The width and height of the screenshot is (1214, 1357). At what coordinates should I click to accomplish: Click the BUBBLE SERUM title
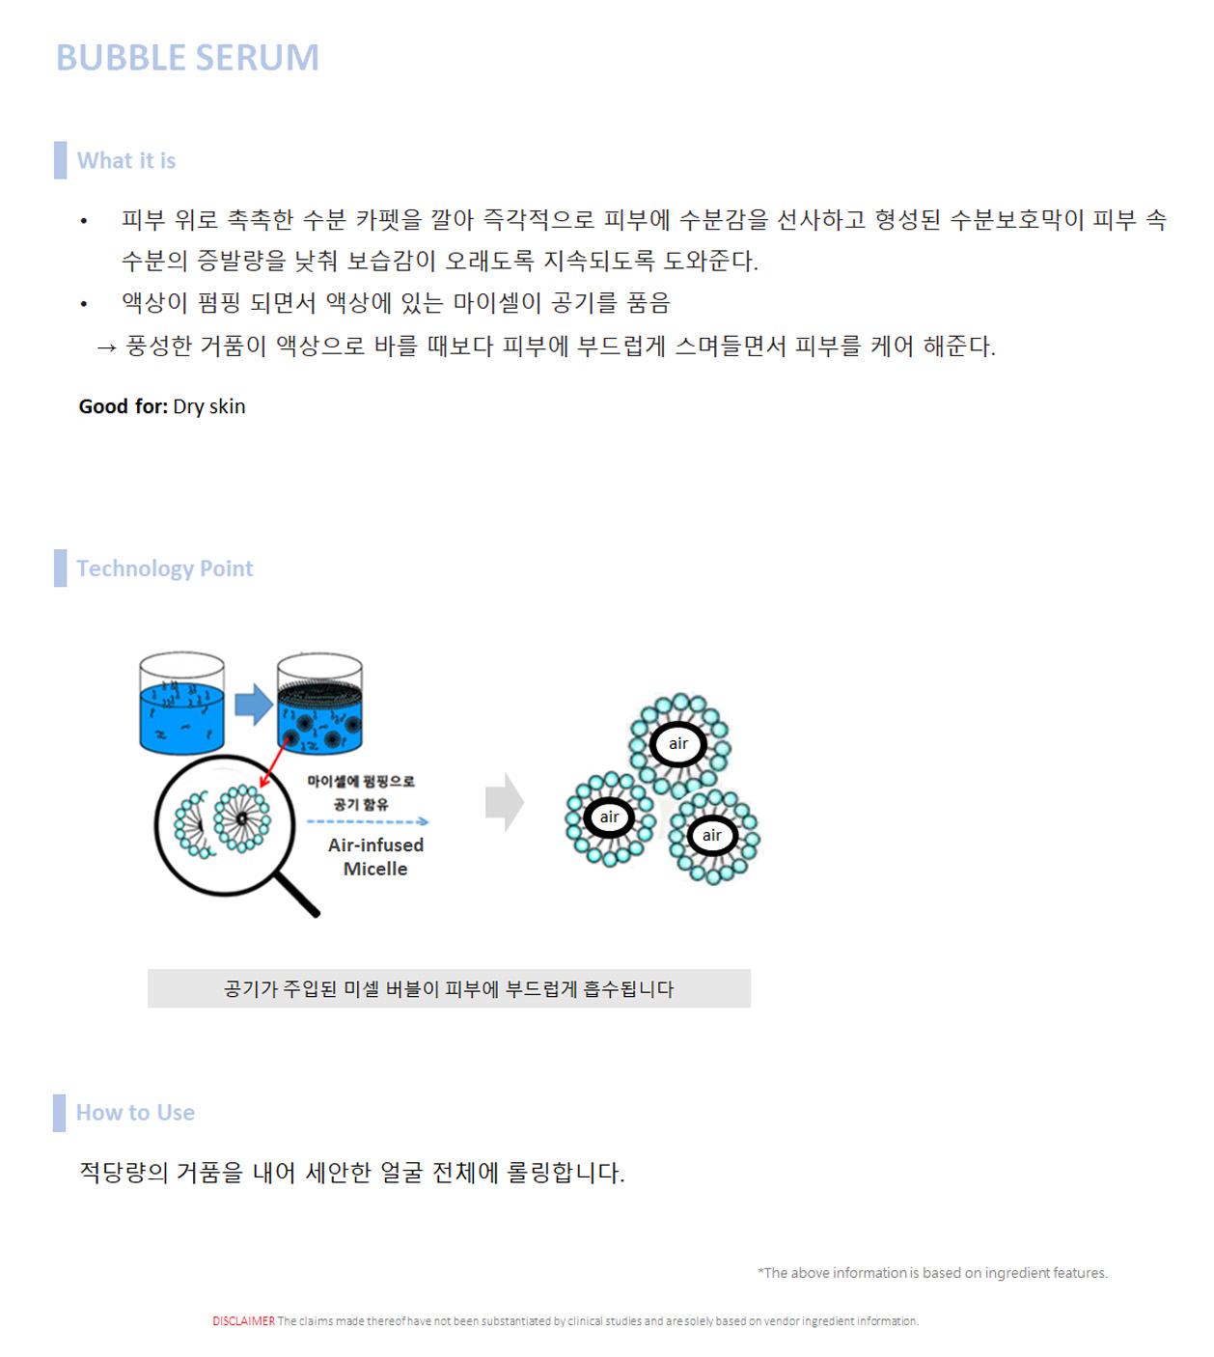(x=187, y=58)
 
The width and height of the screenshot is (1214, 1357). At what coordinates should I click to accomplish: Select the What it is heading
(x=126, y=161)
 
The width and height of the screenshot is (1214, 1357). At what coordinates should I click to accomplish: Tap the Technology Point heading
(x=165, y=568)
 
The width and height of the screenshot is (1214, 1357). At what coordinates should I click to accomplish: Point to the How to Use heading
(x=135, y=1113)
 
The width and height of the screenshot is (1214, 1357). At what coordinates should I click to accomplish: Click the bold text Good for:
(x=124, y=406)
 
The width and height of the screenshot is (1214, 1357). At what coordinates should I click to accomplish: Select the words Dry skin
(x=209, y=406)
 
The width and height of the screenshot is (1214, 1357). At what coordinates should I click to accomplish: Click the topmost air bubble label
(x=678, y=744)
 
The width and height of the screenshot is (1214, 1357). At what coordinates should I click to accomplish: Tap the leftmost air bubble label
(x=609, y=817)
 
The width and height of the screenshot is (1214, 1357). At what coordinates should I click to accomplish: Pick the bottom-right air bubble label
(x=712, y=836)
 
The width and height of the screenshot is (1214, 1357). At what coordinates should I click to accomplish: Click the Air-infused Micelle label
(x=375, y=857)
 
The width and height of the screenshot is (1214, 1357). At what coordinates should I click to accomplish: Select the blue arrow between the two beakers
(x=254, y=705)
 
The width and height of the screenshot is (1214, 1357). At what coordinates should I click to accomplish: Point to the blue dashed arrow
(x=367, y=822)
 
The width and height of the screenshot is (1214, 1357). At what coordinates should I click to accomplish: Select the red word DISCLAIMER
(x=243, y=1321)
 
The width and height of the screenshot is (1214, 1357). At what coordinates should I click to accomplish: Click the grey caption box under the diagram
(x=449, y=989)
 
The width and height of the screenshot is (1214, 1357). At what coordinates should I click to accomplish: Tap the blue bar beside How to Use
(x=60, y=1113)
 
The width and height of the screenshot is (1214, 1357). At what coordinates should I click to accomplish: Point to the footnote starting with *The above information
(x=932, y=1273)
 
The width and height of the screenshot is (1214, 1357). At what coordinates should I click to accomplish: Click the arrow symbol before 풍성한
(x=106, y=346)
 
